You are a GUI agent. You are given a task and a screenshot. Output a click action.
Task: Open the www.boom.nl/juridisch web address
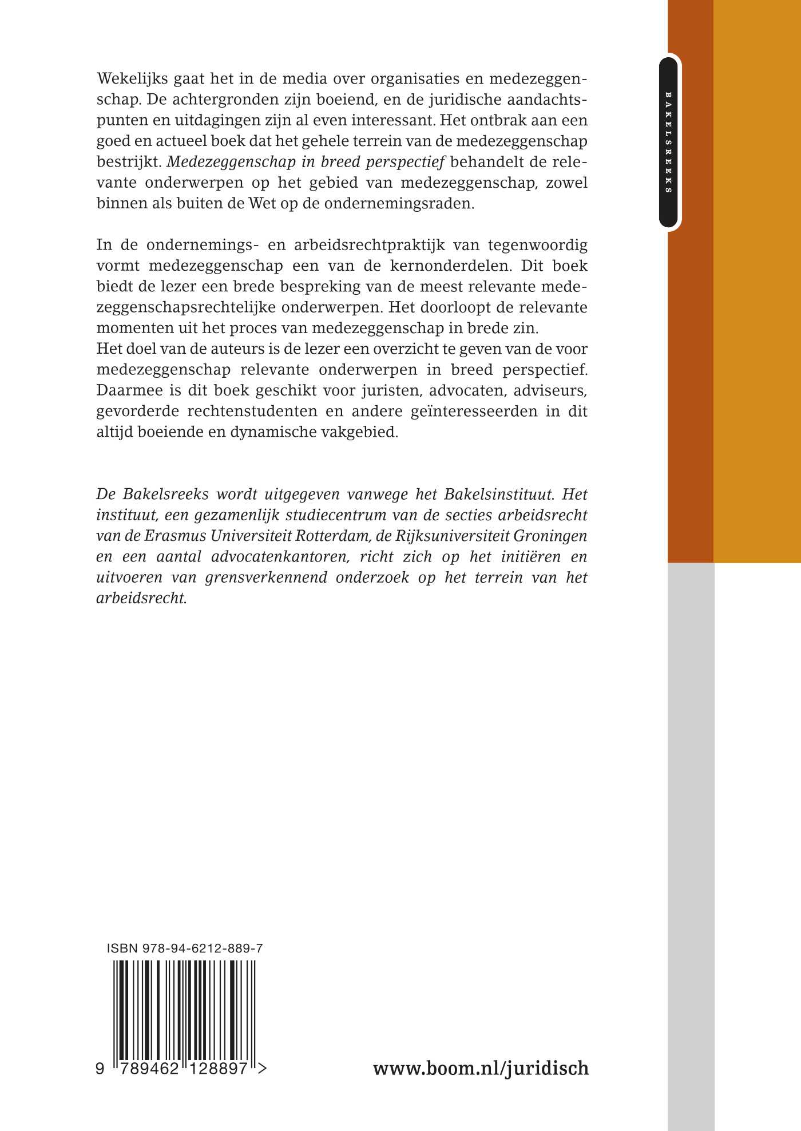[x=481, y=1068]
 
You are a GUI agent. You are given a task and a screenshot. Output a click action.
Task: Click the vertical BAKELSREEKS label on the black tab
[x=668, y=142]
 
